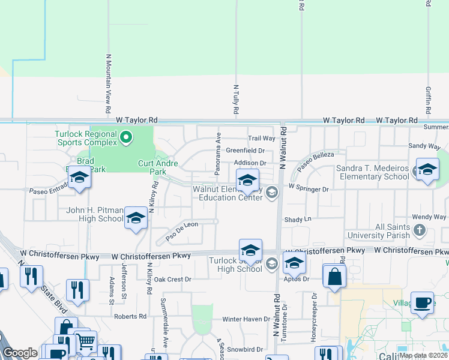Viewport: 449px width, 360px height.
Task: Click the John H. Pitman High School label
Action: coord(94,214)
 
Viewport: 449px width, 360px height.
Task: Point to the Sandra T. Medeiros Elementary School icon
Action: coord(427,170)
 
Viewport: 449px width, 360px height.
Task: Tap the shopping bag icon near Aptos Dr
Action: coord(334,277)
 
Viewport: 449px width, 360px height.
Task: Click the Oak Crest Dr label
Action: coord(172,280)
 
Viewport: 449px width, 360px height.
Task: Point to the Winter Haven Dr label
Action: coord(246,319)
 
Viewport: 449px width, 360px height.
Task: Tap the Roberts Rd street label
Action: coord(130,316)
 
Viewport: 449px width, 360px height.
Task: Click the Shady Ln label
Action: coord(298,220)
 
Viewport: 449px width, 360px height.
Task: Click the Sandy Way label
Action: coord(424,146)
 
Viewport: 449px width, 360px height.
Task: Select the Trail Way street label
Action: coord(262,138)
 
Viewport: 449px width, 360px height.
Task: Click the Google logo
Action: coord(20,353)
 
